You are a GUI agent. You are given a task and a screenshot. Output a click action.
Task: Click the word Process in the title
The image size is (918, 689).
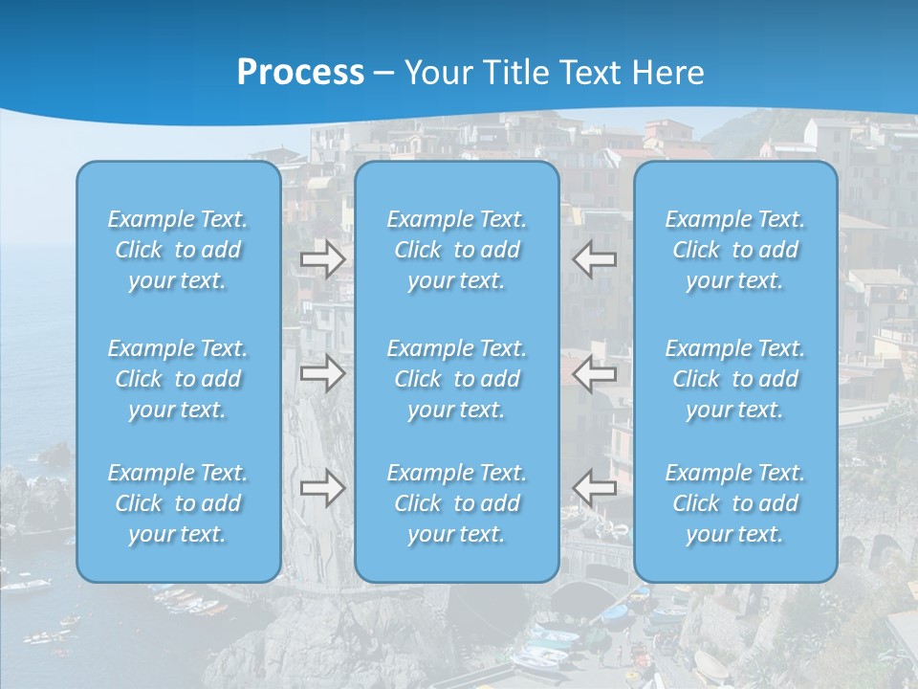tap(300, 73)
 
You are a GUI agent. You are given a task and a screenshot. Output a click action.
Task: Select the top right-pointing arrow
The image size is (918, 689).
tap(322, 259)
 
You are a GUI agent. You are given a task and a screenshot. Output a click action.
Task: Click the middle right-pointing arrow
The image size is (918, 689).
tap(322, 372)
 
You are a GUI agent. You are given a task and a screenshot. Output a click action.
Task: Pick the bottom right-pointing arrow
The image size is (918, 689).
tap(322, 488)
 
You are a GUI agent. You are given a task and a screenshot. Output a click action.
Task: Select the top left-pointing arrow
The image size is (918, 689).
tap(595, 259)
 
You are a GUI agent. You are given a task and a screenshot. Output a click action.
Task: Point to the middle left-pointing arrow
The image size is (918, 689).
tap(595, 372)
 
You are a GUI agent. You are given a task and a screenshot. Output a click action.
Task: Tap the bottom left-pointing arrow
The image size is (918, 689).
tap(595, 488)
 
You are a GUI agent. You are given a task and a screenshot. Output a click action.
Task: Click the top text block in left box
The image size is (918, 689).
tap(178, 250)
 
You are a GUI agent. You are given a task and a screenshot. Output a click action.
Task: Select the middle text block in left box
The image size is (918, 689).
tap(178, 379)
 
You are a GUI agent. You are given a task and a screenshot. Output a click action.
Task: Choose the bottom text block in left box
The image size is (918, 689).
tap(178, 503)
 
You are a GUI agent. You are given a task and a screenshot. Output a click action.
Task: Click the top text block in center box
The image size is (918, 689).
tap(456, 250)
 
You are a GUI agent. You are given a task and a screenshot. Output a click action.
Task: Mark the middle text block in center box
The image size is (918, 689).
tap(456, 379)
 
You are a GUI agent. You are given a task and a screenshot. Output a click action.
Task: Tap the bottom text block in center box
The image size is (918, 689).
tap(456, 503)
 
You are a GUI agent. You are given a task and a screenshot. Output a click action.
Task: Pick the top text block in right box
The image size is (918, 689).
tap(734, 250)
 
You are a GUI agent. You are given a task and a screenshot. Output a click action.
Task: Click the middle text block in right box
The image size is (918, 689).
tap(734, 379)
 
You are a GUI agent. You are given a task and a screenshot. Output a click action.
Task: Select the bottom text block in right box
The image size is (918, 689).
tap(734, 503)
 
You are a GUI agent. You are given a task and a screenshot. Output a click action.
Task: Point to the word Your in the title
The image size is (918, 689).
tap(438, 73)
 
